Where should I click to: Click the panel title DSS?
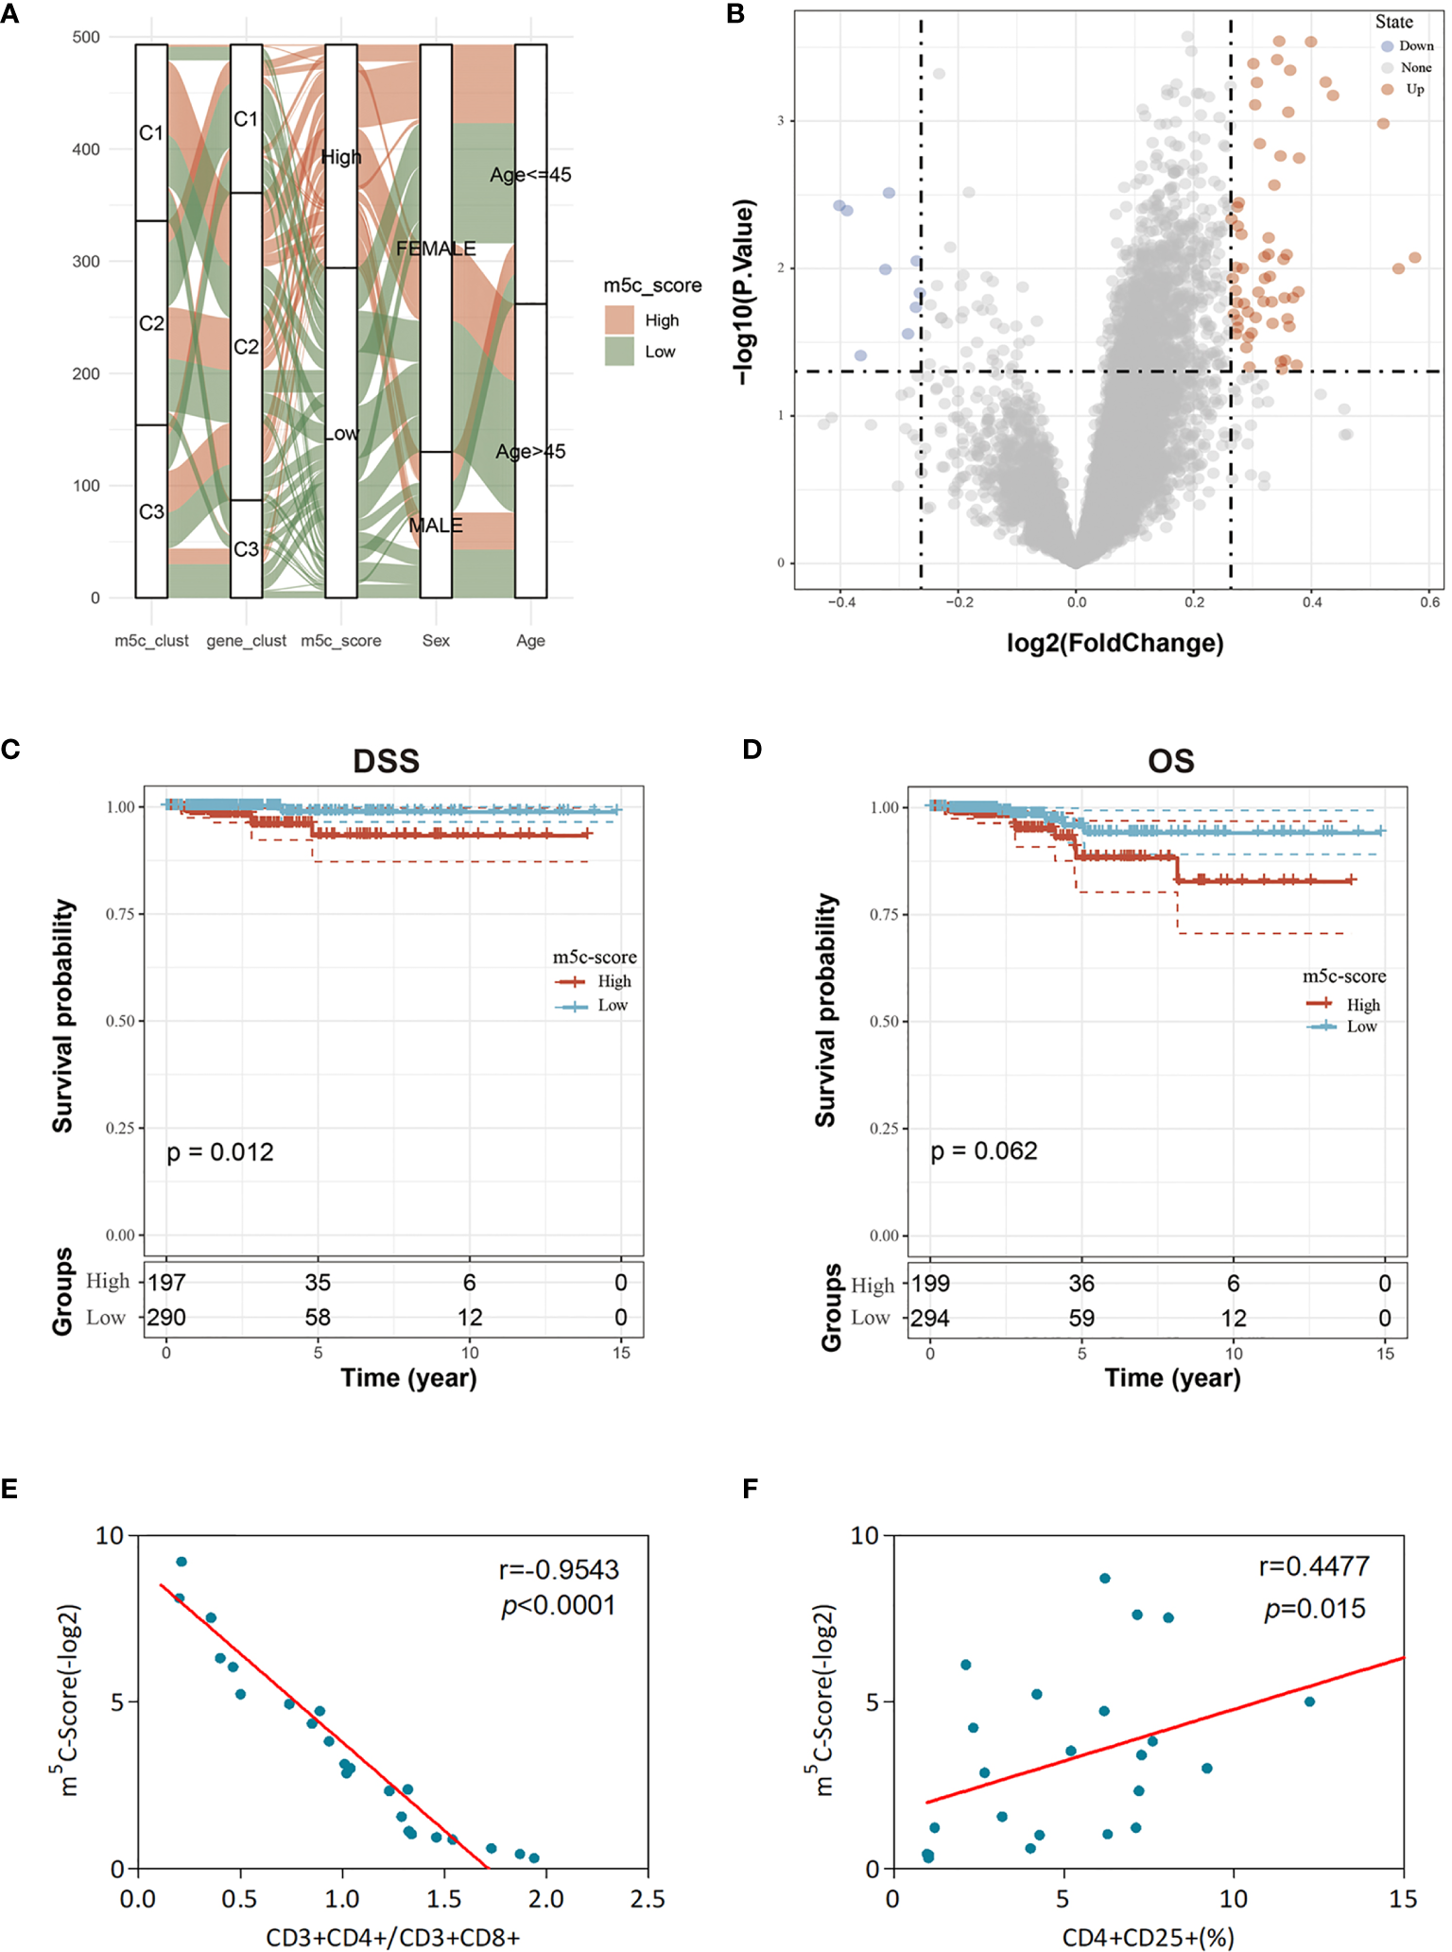(386, 761)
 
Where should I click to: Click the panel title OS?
(1170, 761)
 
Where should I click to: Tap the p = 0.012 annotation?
(220, 1152)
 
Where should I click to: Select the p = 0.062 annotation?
(984, 1151)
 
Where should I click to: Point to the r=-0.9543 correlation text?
(559, 1570)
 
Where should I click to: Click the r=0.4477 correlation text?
(1314, 1567)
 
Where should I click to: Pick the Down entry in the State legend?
(1415, 45)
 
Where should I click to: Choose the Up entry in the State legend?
(1414, 89)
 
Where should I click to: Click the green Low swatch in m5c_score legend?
(619, 352)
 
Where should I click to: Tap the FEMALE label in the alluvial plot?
(436, 249)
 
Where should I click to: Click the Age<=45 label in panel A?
(530, 175)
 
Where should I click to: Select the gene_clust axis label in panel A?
(246, 641)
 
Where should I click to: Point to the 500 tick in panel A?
(86, 37)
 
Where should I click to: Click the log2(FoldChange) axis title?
(1115, 644)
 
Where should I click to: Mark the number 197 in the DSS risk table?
(167, 1283)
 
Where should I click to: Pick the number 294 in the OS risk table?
(930, 1318)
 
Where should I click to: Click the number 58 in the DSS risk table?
(318, 1318)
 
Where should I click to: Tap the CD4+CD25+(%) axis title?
(1148, 1938)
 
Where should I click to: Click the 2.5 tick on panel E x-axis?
(648, 1898)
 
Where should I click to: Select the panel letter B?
(735, 13)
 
